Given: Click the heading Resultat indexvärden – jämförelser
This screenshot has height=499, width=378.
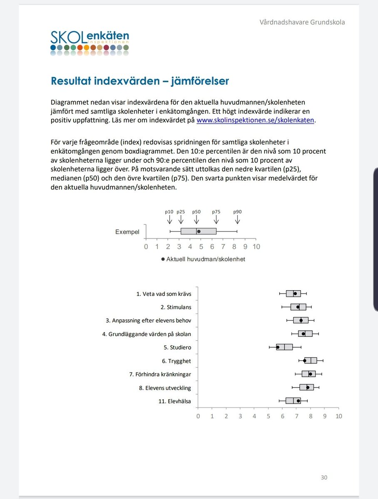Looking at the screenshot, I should pyautogui.click(x=140, y=81).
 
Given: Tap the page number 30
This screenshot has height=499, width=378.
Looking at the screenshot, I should pyautogui.click(x=324, y=477).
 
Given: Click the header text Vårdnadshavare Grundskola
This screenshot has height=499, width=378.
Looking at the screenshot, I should pyautogui.click(x=302, y=22).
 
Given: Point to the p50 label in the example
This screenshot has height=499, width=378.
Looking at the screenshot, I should pyautogui.click(x=196, y=211).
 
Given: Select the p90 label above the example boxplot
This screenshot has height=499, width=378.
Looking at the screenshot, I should pyautogui.click(x=237, y=211).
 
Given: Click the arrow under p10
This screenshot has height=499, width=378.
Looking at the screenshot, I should pyautogui.click(x=169, y=219).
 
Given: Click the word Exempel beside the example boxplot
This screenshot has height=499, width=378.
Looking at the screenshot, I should pyautogui.click(x=127, y=232).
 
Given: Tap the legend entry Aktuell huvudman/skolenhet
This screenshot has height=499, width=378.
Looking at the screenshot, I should pyautogui.click(x=206, y=259).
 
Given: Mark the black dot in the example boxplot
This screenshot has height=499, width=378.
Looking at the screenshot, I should pyautogui.click(x=199, y=231).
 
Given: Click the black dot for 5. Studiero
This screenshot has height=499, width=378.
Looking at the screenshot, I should pyautogui.click(x=278, y=347).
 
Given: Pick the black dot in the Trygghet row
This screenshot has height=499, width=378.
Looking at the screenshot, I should pyautogui.click(x=305, y=361).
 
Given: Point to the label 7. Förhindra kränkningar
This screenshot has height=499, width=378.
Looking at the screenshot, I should pyautogui.click(x=160, y=374).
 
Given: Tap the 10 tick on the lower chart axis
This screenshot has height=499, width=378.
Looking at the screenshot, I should pyautogui.click(x=339, y=416).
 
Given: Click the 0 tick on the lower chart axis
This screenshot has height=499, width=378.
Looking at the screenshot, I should pyautogui.click(x=198, y=416).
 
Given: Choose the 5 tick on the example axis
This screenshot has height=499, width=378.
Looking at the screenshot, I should pyautogui.click(x=201, y=247).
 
